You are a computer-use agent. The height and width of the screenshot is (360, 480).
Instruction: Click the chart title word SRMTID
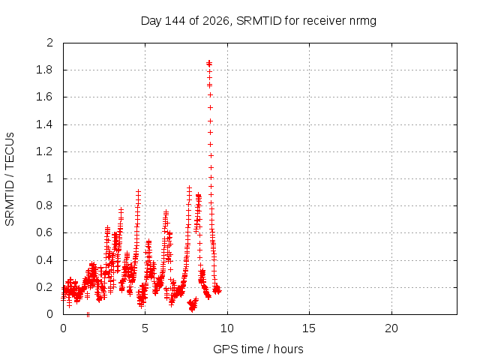point(259,21)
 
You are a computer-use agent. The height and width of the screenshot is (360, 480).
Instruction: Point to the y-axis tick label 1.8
point(44,70)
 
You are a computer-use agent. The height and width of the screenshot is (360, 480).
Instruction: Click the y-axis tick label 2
point(49,43)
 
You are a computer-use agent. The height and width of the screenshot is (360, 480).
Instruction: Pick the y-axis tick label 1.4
point(44,124)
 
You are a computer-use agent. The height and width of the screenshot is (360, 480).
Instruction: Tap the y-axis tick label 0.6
point(44,232)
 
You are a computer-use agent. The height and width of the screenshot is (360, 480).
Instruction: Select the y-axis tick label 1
point(50,178)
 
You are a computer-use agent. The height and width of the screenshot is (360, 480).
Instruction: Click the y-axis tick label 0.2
point(44,287)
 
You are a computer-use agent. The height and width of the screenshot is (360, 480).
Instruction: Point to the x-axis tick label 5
point(145,328)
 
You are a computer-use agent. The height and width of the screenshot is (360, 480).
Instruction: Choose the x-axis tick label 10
point(227,328)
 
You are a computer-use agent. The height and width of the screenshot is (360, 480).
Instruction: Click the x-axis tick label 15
point(309,328)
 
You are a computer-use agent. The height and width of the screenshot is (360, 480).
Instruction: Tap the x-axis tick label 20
point(391,328)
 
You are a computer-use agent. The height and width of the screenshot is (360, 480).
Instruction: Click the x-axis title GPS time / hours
point(258,349)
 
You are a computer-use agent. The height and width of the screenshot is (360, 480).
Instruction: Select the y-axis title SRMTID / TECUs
point(10,179)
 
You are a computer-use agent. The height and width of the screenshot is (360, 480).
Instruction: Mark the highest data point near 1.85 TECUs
point(209,63)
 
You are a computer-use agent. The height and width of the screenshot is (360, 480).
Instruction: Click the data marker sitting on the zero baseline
point(88,314)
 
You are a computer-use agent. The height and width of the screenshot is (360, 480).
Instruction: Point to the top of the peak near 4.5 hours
point(138,191)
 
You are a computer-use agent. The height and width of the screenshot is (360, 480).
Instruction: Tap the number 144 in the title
point(175,21)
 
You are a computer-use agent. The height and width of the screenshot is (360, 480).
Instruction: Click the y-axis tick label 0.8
point(44,205)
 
